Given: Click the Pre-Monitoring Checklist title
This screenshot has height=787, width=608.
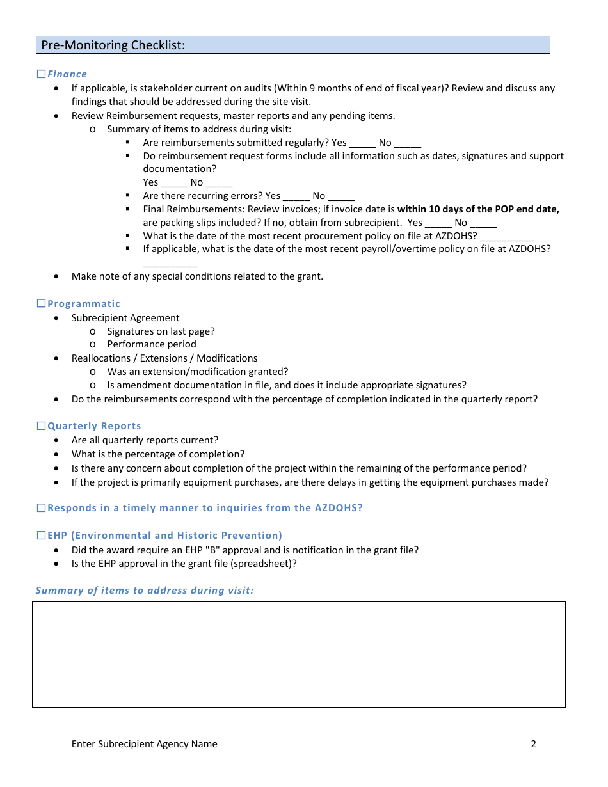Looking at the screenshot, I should pyautogui.click(x=113, y=45).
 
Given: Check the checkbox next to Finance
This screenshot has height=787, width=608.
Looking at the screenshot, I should pyautogui.click(x=42, y=74).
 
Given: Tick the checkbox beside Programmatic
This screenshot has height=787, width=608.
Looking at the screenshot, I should pyautogui.click(x=42, y=303).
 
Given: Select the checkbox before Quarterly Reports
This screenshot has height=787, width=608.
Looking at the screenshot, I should pyautogui.click(x=42, y=425).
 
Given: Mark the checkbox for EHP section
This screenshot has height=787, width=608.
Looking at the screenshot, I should pyautogui.click(x=42, y=535).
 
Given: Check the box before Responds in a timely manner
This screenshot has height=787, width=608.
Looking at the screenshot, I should pyautogui.click(x=42, y=507).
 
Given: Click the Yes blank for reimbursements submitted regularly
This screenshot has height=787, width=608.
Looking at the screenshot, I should pyautogui.click(x=363, y=144).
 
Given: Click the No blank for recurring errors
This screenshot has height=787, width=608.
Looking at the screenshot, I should pyautogui.click(x=341, y=197).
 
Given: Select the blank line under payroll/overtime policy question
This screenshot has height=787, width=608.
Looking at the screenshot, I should pyautogui.click(x=170, y=264).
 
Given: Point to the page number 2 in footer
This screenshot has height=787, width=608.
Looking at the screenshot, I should pyautogui.click(x=533, y=743).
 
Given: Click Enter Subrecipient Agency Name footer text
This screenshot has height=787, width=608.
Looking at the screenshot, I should pyautogui.click(x=144, y=743).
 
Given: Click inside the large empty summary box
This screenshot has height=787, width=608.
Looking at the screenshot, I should pyautogui.click(x=299, y=654).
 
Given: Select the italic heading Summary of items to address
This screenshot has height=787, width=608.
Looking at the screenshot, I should pyautogui.click(x=145, y=590).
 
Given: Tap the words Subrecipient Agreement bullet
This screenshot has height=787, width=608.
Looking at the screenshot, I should pyautogui.click(x=125, y=318).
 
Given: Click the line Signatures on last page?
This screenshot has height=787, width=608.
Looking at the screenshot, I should pyautogui.click(x=161, y=331).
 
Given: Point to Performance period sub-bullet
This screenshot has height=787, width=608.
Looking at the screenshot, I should pyautogui.click(x=152, y=344).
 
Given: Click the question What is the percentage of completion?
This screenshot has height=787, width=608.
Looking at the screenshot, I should pyautogui.click(x=158, y=454).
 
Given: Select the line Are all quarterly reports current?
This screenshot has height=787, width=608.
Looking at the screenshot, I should pyautogui.click(x=145, y=440).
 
